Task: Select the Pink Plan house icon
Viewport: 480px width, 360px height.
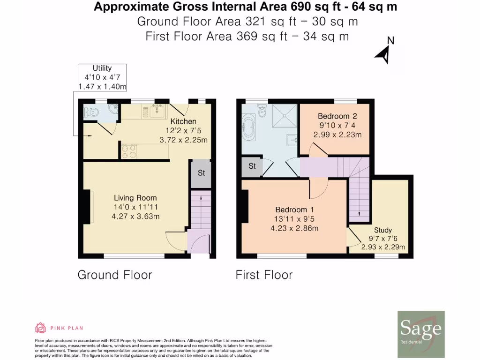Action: pos(40,328)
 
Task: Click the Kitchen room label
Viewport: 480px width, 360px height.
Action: pos(183,121)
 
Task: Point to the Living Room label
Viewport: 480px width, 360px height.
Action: pos(135,198)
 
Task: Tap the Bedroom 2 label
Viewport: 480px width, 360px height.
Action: pos(334,116)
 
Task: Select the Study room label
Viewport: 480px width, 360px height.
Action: pos(383,230)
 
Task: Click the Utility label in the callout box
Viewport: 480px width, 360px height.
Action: pos(102,68)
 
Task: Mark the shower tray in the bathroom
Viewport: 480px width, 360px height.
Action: pos(282,115)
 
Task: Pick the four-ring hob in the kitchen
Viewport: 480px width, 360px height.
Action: pos(129,150)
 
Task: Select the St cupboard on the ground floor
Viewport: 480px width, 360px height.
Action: pos(201,173)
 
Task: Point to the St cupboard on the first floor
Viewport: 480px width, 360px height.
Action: pos(252,166)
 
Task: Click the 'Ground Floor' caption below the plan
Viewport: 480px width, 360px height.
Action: pos(114,275)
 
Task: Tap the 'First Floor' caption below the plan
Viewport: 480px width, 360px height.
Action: pos(264,275)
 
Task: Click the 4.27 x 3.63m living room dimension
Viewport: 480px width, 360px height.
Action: pos(135,216)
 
